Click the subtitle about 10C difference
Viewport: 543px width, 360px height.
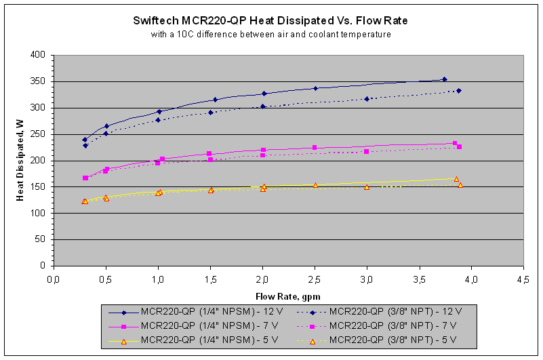(270, 34)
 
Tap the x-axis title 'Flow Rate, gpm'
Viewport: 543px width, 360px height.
(287, 296)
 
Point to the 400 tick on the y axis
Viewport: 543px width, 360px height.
(38, 55)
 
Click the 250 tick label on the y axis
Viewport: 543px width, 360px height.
(38, 134)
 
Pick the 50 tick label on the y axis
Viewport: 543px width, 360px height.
(41, 240)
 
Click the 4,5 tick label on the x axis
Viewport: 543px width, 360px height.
(523, 278)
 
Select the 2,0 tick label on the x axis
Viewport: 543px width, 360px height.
(262, 278)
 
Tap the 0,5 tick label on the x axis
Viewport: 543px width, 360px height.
(105, 278)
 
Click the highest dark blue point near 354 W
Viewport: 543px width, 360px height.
(444, 79)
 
